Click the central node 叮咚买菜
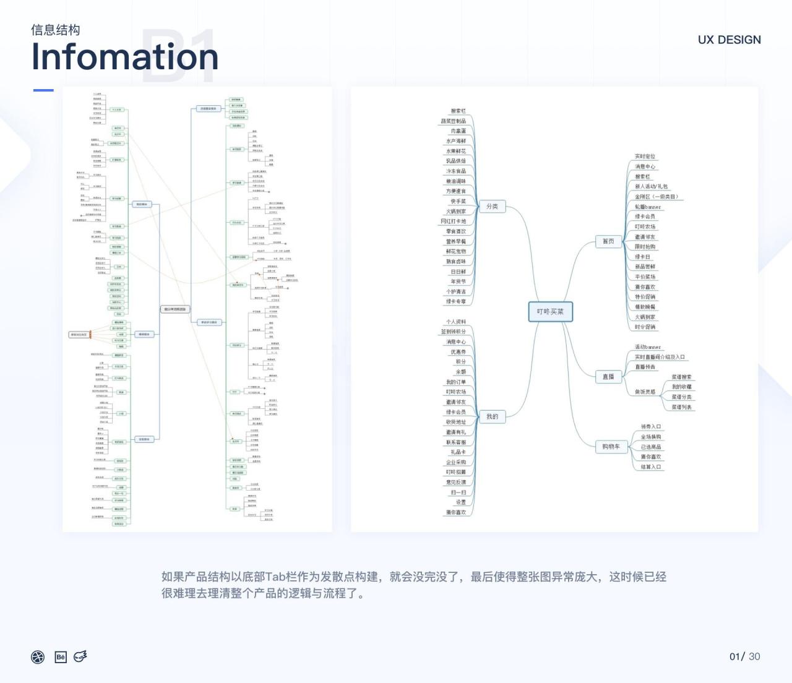tap(550, 312)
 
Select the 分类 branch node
tap(493, 207)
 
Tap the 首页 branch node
tap(608, 241)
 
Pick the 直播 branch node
tap(608, 377)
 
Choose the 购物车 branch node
tap(611, 447)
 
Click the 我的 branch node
tap(493, 417)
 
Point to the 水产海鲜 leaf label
tap(457, 142)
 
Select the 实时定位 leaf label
tap(645, 157)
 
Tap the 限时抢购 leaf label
tap(645, 247)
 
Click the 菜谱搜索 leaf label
tap(682, 377)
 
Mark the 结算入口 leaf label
tap(651, 467)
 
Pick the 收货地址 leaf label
tap(456, 422)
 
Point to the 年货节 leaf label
tap(458, 281)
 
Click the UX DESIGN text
tap(730, 40)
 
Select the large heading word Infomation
tap(125, 56)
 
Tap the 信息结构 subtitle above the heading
tap(56, 30)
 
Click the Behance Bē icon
tap(61, 657)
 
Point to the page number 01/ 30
tap(744, 656)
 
